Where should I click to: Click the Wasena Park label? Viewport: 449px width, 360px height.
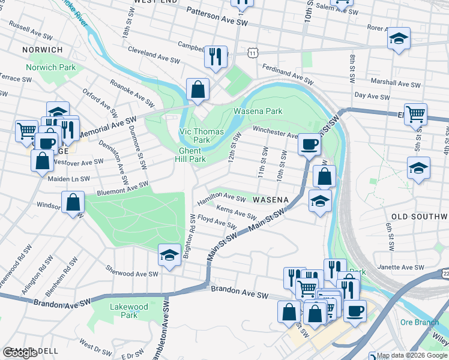click(258, 111)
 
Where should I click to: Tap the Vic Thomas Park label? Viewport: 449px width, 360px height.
click(201, 136)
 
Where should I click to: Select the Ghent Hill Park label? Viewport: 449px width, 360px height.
click(192, 155)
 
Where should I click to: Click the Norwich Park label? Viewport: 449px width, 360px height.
click(51, 67)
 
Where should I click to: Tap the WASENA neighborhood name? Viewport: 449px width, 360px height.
click(271, 199)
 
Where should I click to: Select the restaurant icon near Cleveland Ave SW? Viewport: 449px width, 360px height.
click(215, 56)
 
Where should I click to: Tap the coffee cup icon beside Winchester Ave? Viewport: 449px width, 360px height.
click(309, 143)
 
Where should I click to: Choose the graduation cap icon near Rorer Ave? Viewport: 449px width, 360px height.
click(399, 38)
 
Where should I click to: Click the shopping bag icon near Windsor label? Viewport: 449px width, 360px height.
click(73, 202)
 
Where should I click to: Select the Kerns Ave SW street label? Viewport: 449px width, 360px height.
click(236, 213)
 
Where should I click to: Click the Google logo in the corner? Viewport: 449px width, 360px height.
click(20, 353)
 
